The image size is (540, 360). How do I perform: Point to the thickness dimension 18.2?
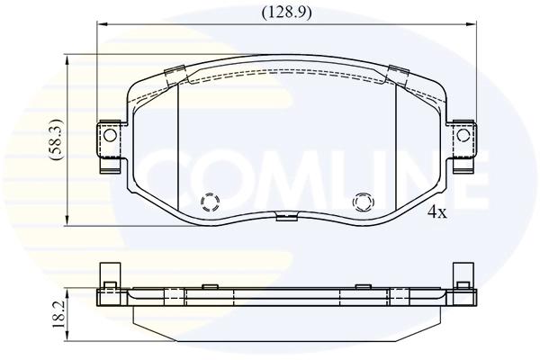[57, 315]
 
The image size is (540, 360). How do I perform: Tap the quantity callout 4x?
[436, 212]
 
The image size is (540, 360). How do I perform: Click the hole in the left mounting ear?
[110, 137]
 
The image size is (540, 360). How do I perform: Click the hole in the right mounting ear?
[463, 136]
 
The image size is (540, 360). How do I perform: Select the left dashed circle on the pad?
[210, 202]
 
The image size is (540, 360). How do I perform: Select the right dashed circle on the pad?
[363, 202]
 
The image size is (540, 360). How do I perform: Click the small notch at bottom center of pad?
[286, 216]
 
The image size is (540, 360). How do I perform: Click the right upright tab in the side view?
[465, 275]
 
